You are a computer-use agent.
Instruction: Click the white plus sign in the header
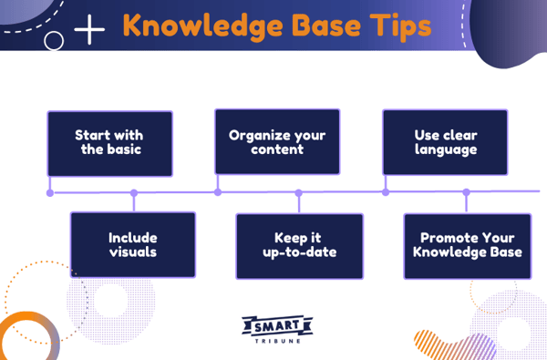tap(89, 30)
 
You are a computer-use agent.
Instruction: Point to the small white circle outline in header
tap(54, 41)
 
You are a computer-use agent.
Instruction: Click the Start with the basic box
tap(110, 143)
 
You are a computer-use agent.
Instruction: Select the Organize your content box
tap(277, 141)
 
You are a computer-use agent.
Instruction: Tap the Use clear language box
tap(444, 141)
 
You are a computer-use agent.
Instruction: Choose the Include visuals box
tap(133, 245)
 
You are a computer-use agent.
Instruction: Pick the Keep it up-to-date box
tap(299, 245)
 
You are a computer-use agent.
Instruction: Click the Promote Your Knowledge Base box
tap(467, 245)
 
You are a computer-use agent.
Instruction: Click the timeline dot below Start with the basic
tap(50, 192)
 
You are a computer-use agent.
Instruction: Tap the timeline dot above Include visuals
tap(134, 192)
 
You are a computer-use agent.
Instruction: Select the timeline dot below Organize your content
tap(217, 192)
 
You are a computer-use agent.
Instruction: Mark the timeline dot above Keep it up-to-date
tap(298, 192)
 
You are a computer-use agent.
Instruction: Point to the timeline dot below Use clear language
tap(385, 192)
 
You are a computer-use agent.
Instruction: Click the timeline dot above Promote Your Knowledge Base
tap(466, 192)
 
